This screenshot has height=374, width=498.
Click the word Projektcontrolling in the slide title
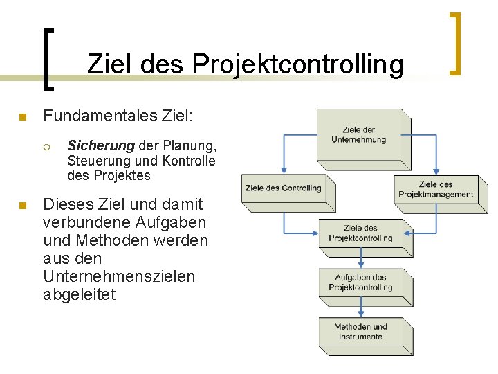tap(298, 64)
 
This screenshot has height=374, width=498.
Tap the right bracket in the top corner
tap(455, 43)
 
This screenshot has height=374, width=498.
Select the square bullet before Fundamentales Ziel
tap(23, 117)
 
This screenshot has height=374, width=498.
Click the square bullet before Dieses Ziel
tap(23, 205)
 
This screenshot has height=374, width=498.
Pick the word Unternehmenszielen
tap(119, 276)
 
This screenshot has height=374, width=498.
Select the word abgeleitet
tap(79, 294)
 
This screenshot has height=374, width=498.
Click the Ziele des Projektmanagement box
tap(436, 189)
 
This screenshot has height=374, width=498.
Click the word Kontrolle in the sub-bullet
tap(189, 161)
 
